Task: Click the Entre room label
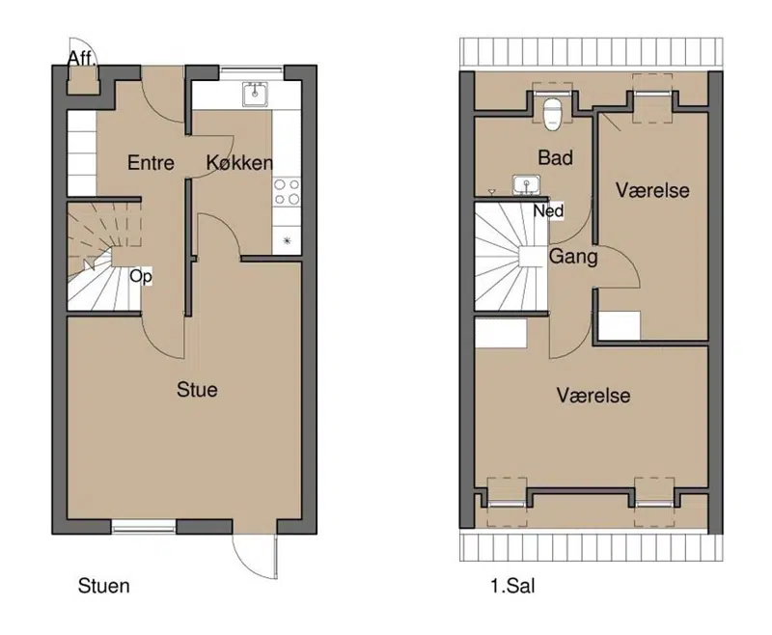(151, 163)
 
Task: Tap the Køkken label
(239, 163)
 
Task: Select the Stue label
(197, 390)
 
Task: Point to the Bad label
(556, 158)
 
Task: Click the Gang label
(573, 257)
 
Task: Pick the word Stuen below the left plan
(104, 586)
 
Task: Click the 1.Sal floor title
(512, 586)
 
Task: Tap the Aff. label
(82, 59)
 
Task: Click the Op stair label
(141, 276)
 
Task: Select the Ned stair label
(548, 211)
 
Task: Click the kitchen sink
(255, 94)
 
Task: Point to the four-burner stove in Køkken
(287, 192)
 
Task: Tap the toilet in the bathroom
(551, 114)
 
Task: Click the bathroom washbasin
(526, 185)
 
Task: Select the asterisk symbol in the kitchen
(287, 240)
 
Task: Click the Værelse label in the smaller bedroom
(652, 190)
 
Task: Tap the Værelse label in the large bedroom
(593, 396)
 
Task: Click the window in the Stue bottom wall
(143, 529)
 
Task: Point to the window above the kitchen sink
(252, 70)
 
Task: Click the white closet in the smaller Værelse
(620, 325)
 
